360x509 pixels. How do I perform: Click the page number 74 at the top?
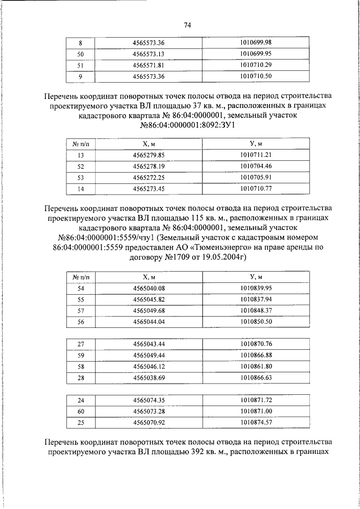(187, 25)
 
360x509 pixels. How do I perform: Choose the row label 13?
(80, 155)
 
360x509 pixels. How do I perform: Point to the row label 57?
(80, 310)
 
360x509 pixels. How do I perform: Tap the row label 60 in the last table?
(80, 411)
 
